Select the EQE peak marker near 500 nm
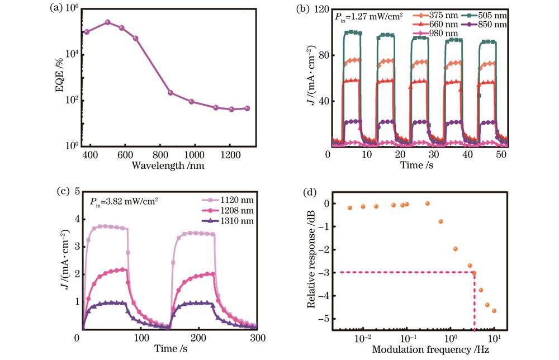pos(108,22)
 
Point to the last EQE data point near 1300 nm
pos(248,108)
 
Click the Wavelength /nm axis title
pos(167,166)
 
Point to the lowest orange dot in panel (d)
pos(494,311)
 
